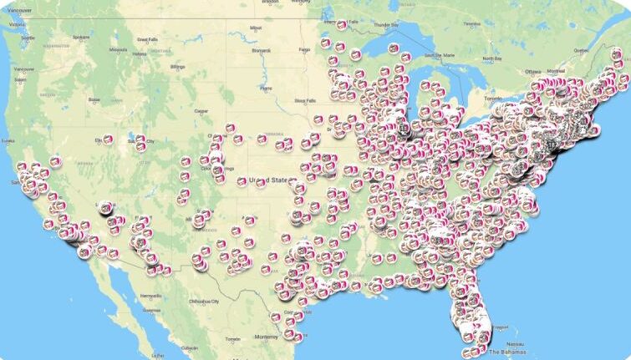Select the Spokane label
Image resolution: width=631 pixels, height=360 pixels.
pyautogui.click(x=80, y=37)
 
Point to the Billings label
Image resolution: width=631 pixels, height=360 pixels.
pyautogui.click(x=176, y=66)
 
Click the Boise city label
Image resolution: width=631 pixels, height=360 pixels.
pyautogui.click(x=94, y=99)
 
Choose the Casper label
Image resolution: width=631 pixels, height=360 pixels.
pyautogui.click(x=201, y=110)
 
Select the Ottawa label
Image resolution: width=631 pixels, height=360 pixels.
pyautogui.click(x=534, y=72)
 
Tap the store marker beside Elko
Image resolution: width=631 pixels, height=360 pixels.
pyautogui.click(x=108, y=139)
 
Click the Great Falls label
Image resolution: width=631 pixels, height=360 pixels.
pyautogui.click(x=147, y=38)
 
